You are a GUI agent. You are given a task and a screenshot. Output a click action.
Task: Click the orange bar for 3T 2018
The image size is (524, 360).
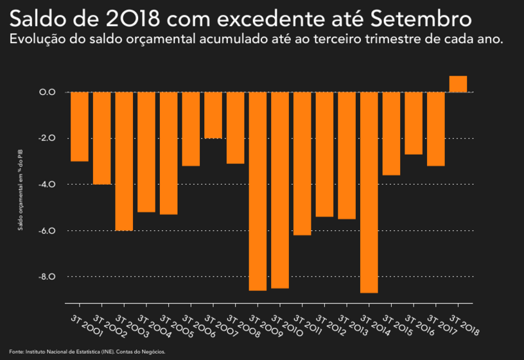458,84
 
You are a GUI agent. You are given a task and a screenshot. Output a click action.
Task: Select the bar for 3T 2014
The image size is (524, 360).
369,193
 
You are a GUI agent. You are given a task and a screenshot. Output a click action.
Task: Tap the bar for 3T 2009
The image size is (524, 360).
258,191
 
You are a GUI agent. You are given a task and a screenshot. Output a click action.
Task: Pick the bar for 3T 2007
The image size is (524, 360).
213,116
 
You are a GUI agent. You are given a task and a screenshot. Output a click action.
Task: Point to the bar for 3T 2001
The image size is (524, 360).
80,126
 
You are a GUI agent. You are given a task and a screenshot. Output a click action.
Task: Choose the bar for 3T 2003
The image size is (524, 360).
124,161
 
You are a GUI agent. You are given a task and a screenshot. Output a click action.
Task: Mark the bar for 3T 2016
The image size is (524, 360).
414,123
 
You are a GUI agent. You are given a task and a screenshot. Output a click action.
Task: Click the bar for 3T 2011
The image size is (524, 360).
302,164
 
